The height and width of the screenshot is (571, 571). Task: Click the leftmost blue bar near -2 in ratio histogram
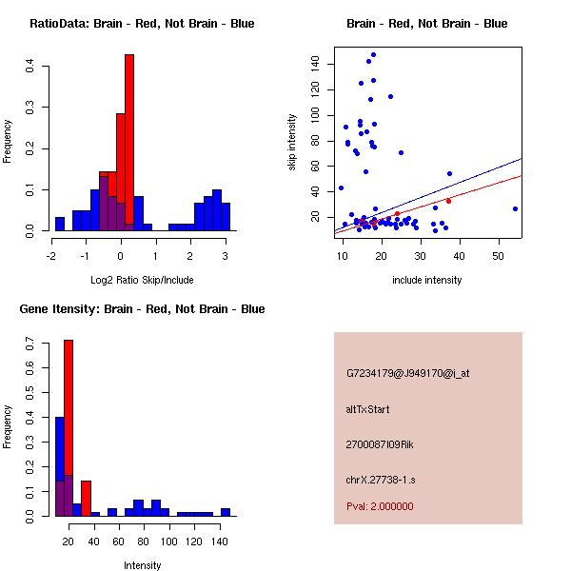coord(59,224)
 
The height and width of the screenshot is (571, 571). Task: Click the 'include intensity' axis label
coord(427,280)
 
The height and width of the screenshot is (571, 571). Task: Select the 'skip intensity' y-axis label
coord(292,143)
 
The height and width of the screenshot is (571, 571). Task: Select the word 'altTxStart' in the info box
coord(368,409)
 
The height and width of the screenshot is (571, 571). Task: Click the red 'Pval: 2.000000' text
coord(380,506)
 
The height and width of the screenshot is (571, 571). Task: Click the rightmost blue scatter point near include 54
coord(515,208)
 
